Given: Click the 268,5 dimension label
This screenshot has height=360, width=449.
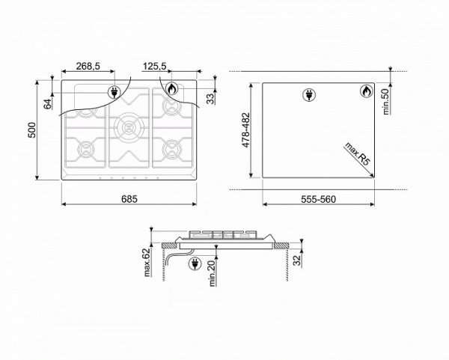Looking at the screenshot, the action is pyautogui.click(x=88, y=66).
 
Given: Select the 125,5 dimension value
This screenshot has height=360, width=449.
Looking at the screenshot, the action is pyautogui.click(x=155, y=66).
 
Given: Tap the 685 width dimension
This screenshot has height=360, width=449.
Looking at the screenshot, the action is pyautogui.click(x=129, y=199).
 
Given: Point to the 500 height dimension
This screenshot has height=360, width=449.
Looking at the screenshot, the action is pyautogui.click(x=32, y=130).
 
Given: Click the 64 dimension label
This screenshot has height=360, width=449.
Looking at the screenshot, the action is pyautogui.click(x=48, y=104).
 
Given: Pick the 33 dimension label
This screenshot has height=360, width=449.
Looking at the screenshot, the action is pyautogui.click(x=210, y=99).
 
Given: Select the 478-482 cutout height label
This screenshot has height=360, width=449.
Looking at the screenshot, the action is pyautogui.click(x=246, y=130).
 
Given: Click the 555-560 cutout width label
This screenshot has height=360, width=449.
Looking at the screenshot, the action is pyautogui.click(x=318, y=199).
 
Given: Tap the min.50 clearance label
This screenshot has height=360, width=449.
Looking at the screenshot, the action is pyautogui.click(x=386, y=102).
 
